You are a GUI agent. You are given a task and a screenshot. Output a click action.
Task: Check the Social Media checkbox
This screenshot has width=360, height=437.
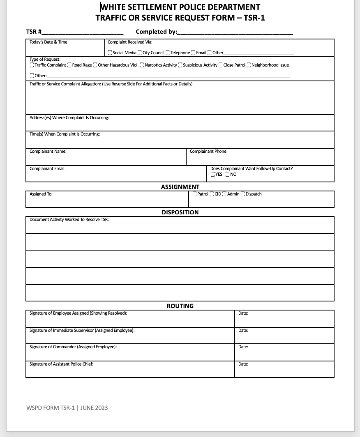110,53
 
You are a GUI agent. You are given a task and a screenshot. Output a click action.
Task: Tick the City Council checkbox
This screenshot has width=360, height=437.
140,53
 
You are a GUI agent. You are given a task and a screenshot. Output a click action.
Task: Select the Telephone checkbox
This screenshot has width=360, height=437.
168,53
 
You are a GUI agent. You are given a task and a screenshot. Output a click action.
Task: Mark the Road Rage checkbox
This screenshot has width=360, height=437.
69,65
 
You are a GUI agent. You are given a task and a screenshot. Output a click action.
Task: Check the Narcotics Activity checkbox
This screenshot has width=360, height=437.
142,65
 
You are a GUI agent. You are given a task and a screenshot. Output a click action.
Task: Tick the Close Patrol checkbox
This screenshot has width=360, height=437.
221,65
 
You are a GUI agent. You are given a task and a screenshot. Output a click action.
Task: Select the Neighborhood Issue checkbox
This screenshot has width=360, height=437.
249,65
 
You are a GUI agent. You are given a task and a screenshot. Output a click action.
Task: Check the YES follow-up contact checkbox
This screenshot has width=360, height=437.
212,175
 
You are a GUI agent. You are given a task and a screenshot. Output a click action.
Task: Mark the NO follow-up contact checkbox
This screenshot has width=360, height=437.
227,175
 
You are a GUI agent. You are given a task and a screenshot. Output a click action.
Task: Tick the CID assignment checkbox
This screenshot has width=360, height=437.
212,194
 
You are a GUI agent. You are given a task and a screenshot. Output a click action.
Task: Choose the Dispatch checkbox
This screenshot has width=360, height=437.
243,194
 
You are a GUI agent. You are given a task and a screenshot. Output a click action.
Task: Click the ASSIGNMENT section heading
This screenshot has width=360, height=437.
180,187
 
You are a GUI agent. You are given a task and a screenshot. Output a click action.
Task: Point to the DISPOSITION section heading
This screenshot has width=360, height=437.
180,212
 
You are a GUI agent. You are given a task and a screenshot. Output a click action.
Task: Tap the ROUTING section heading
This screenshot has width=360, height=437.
180,306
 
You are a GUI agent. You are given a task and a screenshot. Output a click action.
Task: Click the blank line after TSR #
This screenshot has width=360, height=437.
82,32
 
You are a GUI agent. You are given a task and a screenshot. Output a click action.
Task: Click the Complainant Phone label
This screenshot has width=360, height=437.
208,152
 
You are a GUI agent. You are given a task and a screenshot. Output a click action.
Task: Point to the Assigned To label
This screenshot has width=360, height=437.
41,194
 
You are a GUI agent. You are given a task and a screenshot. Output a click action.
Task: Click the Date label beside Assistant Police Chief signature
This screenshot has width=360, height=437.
243,364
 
